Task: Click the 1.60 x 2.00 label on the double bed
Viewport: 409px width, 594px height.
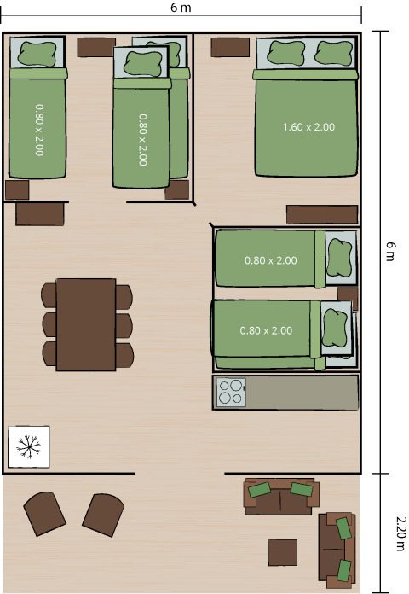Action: (308, 127)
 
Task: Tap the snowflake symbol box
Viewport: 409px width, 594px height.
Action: (29, 445)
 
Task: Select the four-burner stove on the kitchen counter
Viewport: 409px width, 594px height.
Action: (230, 392)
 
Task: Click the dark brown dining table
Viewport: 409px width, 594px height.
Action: (85, 324)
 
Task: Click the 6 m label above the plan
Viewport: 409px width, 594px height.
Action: (181, 7)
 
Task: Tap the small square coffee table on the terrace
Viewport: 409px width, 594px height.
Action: (283, 552)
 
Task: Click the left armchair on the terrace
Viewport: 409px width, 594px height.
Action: (44, 513)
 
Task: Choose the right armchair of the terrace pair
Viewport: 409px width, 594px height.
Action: (103, 515)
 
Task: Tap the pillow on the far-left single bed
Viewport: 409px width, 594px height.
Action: (37, 54)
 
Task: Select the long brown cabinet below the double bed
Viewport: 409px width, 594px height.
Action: (321, 214)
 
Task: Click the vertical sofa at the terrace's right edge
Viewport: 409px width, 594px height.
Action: (337, 547)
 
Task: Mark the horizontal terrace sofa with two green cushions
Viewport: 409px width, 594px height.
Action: (282, 496)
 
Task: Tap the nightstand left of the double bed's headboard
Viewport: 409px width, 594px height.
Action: (224, 47)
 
